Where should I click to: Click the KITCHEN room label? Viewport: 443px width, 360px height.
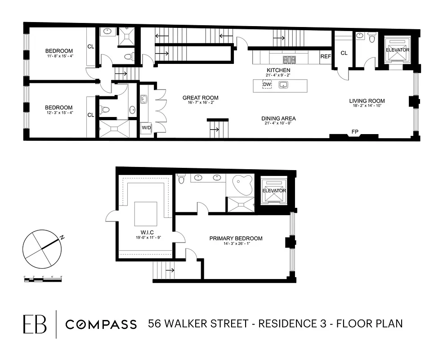(x=278, y=70)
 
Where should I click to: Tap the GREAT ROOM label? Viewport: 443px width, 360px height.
(x=200, y=98)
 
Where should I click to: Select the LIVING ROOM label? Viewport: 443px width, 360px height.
(x=367, y=101)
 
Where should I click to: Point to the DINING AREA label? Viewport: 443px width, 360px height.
(x=278, y=119)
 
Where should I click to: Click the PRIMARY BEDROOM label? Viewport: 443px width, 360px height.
(x=236, y=238)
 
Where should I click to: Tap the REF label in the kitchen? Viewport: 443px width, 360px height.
(x=326, y=57)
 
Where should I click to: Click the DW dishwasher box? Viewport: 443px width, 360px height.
(x=267, y=85)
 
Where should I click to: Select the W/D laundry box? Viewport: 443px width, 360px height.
(x=147, y=128)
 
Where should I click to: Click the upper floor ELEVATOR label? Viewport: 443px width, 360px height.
(x=398, y=50)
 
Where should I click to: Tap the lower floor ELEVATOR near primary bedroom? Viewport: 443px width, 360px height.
(x=274, y=191)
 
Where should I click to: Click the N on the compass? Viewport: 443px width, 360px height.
(x=62, y=237)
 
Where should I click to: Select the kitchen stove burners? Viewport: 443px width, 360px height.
(x=287, y=59)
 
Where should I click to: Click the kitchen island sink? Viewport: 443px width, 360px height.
(x=283, y=85)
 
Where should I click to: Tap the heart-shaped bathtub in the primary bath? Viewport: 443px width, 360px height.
(x=243, y=184)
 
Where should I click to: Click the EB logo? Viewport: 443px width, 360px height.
(x=35, y=324)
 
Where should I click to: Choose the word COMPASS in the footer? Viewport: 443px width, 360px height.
(x=101, y=324)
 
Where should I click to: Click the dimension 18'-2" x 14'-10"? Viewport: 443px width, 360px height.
(x=367, y=107)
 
